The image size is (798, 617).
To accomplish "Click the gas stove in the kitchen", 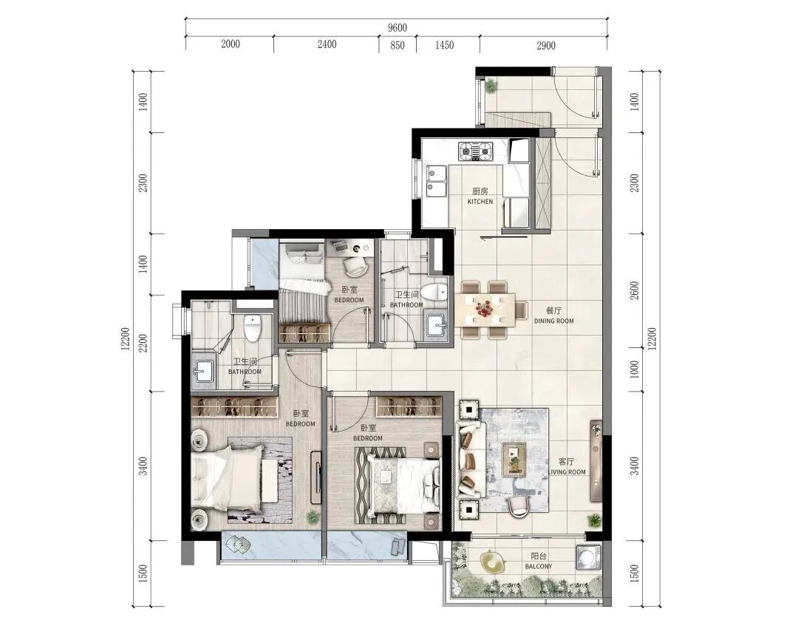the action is coord(476,151).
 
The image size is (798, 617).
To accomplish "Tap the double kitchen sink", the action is coord(436,182).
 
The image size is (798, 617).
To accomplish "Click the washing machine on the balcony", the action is coord(588,557).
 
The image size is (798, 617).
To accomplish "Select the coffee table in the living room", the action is coord(514,460).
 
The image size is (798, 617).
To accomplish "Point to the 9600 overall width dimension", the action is coord(397,28).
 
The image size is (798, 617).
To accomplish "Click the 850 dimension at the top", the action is coord(398,45).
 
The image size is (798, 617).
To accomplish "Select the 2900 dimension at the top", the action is coord(545,45).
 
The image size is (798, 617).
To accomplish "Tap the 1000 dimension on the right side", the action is coord(634,369).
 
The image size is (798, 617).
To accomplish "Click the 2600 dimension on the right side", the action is coord(634,290).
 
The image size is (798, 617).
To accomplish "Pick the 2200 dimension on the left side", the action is coord(143,343).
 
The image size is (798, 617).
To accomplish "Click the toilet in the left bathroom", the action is coord(252,328).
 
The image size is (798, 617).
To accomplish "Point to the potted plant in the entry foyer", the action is coord(491,85).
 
